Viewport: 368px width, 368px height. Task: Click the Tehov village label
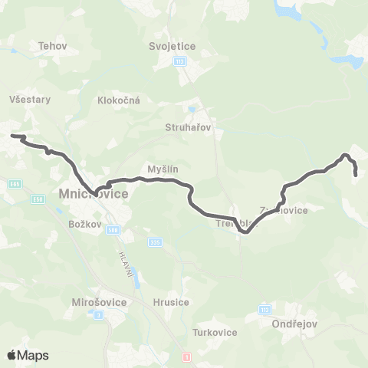(x=53, y=46)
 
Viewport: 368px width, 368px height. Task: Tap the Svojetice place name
(x=172, y=46)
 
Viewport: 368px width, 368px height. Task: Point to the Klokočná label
(x=117, y=100)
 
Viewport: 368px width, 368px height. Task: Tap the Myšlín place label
(x=163, y=169)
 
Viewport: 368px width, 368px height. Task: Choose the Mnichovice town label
(x=94, y=194)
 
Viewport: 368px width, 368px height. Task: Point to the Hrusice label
(x=171, y=302)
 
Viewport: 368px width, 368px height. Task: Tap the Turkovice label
(x=215, y=332)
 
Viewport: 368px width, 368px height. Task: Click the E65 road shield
(x=16, y=184)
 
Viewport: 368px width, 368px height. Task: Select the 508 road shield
(x=113, y=229)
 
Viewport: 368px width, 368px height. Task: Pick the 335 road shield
(x=156, y=243)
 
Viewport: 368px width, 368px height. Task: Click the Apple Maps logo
(x=28, y=355)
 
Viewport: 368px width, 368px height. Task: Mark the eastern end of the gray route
(x=356, y=176)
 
